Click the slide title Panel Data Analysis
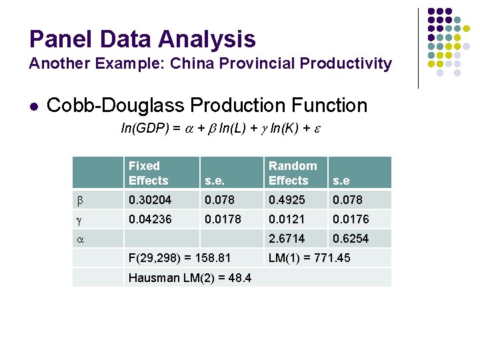tap(142, 39)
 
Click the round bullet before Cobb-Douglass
tap(33, 106)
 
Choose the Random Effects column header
tap(293, 173)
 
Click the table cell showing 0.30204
tap(150, 200)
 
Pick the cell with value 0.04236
tap(150, 219)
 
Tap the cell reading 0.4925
tap(287, 200)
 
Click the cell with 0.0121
tap(287, 219)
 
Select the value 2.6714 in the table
tap(287, 239)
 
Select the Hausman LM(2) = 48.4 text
tap(190, 277)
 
